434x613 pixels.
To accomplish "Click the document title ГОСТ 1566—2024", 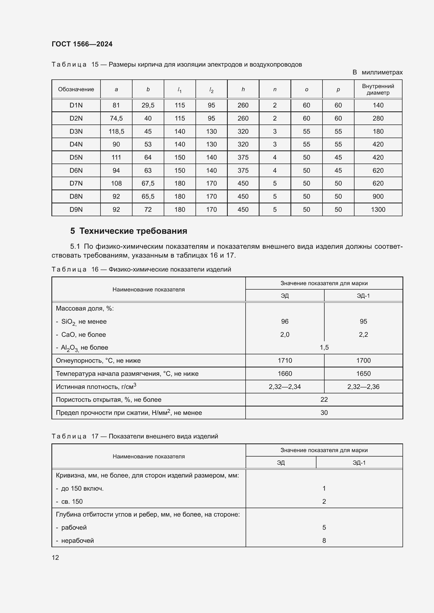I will coord(82,44).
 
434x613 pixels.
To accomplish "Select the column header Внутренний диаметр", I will coord(378,89).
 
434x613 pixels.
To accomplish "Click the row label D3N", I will coord(76,131).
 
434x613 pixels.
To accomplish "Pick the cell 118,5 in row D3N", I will coord(116,131).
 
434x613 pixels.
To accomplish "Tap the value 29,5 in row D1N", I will coord(148,105).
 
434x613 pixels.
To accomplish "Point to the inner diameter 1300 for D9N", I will coord(378,210).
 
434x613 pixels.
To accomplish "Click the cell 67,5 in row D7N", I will coord(148,183).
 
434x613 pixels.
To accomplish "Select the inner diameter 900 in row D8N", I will coord(378,197).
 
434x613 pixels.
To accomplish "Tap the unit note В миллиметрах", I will coord(377,72).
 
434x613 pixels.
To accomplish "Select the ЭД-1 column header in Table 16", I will coord(363,296).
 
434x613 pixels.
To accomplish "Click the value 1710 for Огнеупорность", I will coord(285,361).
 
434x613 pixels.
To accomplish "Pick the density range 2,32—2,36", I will coord(363,387).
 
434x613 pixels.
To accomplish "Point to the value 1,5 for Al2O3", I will coord(324,348).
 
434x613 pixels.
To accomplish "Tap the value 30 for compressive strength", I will coord(324,413).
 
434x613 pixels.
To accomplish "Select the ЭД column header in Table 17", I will coord(280,463).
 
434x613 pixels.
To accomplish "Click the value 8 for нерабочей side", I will coord(324,541).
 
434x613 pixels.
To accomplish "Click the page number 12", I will coord(55,558).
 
